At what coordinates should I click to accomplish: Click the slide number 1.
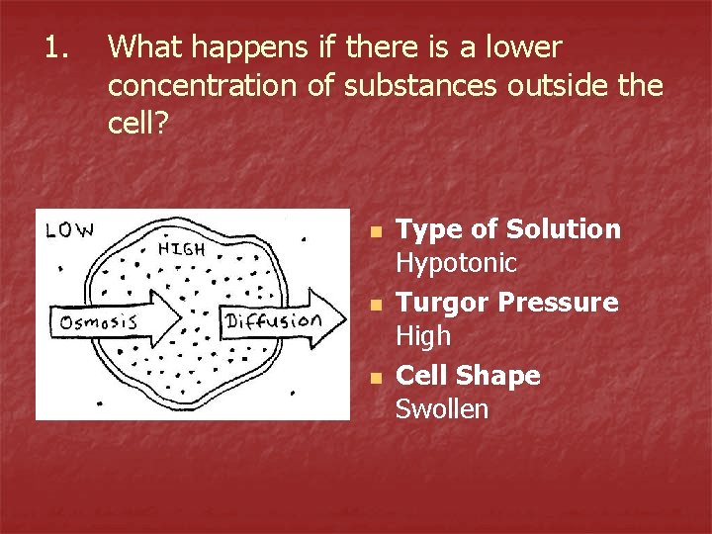click(x=53, y=46)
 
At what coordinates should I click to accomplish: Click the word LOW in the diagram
click(x=70, y=231)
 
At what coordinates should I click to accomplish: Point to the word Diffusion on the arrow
click(x=274, y=320)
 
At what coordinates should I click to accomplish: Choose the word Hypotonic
click(x=456, y=264)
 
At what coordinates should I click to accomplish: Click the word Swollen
click(x=442, y=409)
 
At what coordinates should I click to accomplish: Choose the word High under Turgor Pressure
click(x=423, y=336)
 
